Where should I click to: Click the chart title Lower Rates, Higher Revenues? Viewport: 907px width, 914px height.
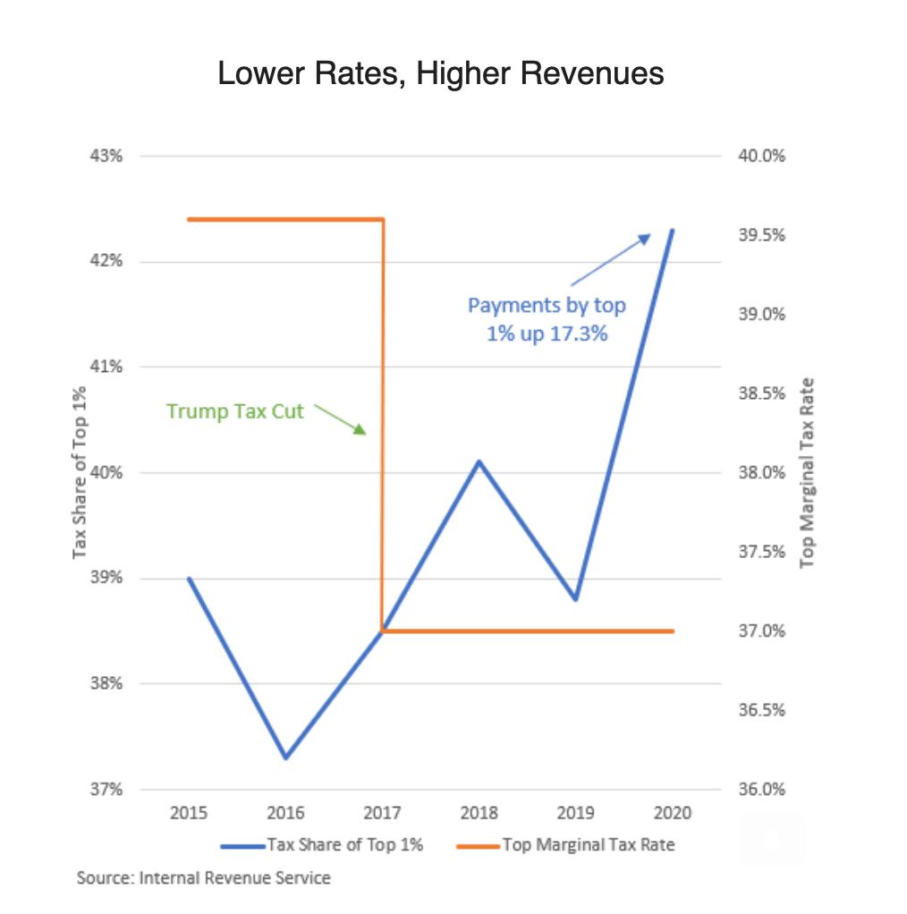pyautogui.click(x=441, y=73)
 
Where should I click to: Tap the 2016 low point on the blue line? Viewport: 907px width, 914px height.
pyautogui.click(x=285, y=757)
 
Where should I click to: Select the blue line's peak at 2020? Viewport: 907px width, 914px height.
pyautogui.click(x=673, y=230)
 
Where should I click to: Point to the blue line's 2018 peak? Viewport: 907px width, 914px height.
pyautogui.click(x=479, y=461)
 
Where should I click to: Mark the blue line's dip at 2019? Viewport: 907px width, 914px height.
pyautogui.click(x=576, y=599)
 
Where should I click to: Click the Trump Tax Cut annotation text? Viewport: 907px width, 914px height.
pyautogui.click(x=235, y=411)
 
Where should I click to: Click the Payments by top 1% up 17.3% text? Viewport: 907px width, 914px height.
pyautogui.click(x=547, y=320)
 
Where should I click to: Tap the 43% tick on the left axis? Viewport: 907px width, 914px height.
pyautogui.click(x=106, y=156)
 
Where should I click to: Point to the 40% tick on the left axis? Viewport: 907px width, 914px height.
pyautogui.click(x=106, y=472)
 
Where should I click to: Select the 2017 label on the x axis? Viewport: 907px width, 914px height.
pyautogui.click(x=382, y=813)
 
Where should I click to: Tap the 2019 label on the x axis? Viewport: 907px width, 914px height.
pyautogui.click(x=576, y=813)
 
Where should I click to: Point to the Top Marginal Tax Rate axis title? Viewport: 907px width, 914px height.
pyautogui.click(x=809, y=472)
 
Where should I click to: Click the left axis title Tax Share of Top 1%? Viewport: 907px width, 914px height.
pyautogui.click(x=81, y=472)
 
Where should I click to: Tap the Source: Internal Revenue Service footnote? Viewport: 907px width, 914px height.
pyautogui.click(x=204, y=878)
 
